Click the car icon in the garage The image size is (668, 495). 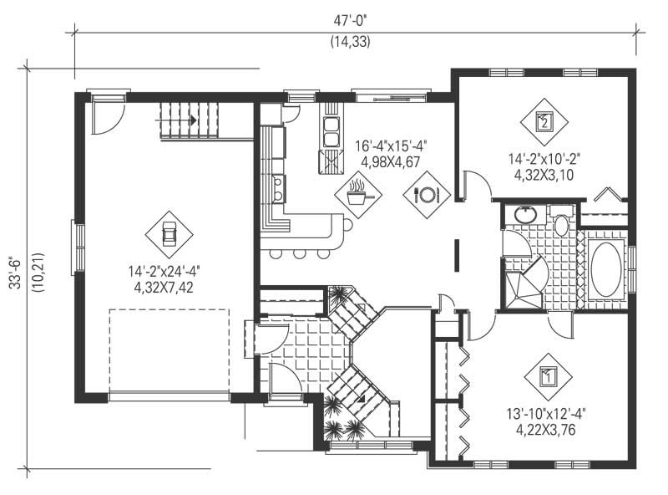click(169, 234)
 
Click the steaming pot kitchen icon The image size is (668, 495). click(358, 195)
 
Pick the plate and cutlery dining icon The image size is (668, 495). click(427, 195)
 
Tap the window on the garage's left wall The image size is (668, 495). click(77, 246)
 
